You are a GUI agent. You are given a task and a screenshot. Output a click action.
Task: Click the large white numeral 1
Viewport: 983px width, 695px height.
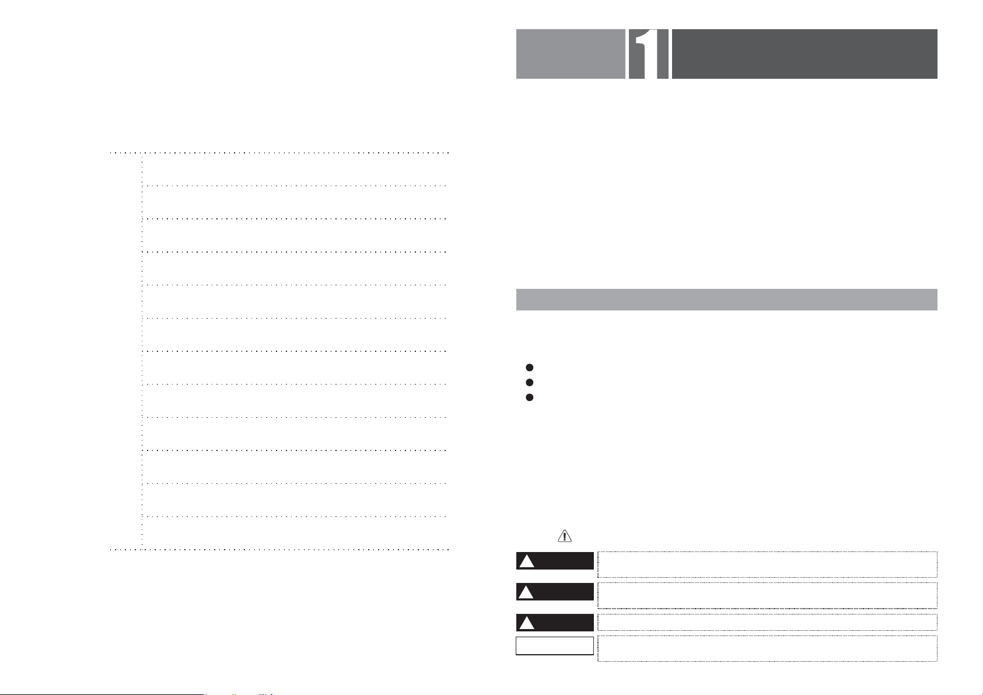[x=648, y=54]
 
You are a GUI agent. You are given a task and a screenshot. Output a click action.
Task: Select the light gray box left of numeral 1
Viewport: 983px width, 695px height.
[x=571, y=54]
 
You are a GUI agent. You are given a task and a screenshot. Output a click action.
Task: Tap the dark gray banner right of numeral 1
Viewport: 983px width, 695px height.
[x=804, y=54]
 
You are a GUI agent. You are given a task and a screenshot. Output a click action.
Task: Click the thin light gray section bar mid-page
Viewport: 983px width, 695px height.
[x=727, y=299]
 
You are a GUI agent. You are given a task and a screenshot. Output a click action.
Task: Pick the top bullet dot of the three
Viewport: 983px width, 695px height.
[x=529, y=368]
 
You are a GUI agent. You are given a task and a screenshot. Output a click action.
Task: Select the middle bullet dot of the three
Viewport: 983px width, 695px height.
[x=529, y=382]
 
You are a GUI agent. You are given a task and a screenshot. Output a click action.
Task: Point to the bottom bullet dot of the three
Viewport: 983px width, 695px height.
[x=529, y=397]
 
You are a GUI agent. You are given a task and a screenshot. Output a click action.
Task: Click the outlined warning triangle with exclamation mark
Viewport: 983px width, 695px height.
[x=564, y=536]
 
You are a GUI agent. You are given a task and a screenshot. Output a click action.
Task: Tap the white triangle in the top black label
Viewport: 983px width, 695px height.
[x=527, y=561]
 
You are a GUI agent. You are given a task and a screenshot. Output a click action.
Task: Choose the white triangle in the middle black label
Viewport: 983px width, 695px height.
[x=526, y=592]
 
